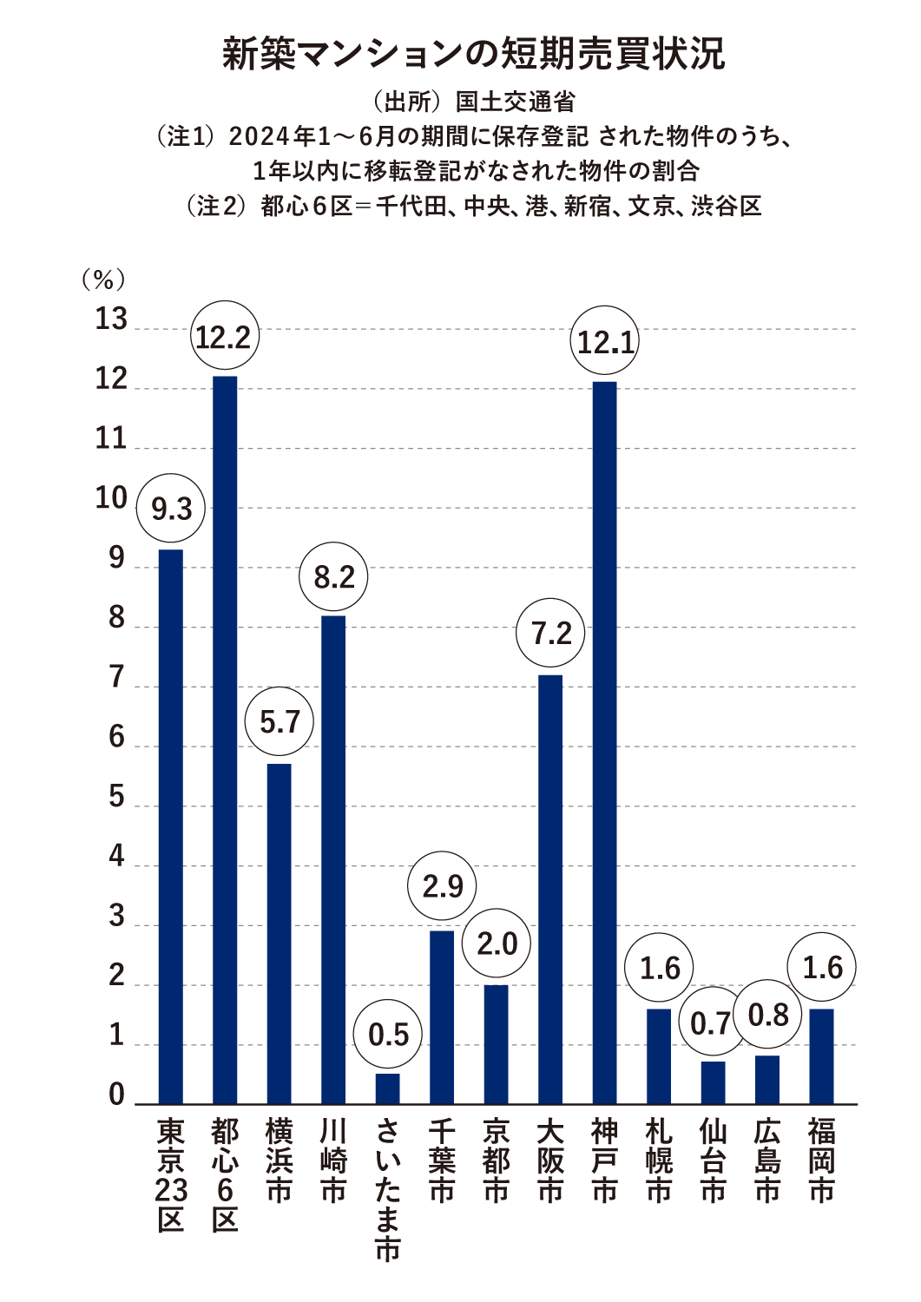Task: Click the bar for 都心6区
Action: pyautogui.click(x=225, y=738)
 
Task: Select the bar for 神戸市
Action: pyautogui.click(x=605, y=742)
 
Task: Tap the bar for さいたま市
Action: pyautogui.click(x=388, y=1088)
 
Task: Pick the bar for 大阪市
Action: pyautogui.click(x=550, y=889)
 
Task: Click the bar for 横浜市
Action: pyautogui.click(x=280, y=933)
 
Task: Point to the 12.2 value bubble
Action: pyautogui.click(x=224, y=337)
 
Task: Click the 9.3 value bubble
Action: pyautogui.click(x=171, y=509)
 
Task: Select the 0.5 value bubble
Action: pyautogui.click(x=388, y=1035)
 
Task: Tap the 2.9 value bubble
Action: pyautogui.click(x=443, y=886)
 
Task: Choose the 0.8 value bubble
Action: pyautogui.click(x=767, y=1015)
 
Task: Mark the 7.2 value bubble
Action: pyautogui.click(x=550, y=634)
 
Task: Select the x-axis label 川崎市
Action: pyautogui.click(x=333, y=1161)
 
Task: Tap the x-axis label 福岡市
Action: pyautogui.click(x=821, y=1161)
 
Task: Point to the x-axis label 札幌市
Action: pyautogui.click(x=659, y=1161)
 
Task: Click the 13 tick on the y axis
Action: pyautogui.click(x=111, y=319)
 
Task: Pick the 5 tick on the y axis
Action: pyautogui.click(x=117, y=797)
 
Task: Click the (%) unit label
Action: pyautogui.click(x=103, y=279)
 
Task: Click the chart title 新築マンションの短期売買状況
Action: pyautogui.click(x=473, y=54)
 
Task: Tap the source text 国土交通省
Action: pyautogui.click(x=516, y=102)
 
